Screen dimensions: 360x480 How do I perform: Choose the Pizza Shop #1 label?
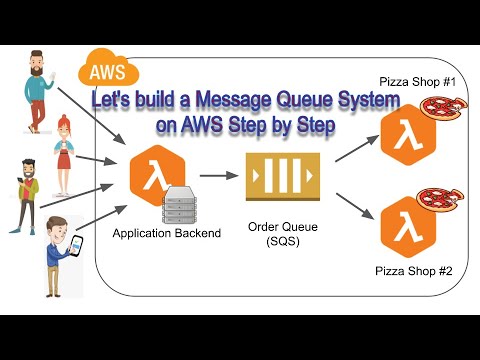417,80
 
